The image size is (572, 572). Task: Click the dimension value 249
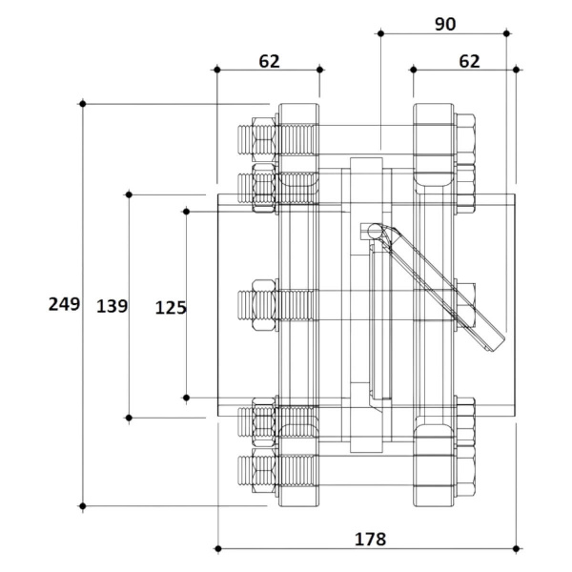[64, 304]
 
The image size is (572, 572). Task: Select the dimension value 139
[112, 306]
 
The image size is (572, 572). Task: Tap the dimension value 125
[171, 308]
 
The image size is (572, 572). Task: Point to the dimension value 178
[370, 540]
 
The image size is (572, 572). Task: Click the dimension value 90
[445, 24]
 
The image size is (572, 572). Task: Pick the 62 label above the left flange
[269, 61]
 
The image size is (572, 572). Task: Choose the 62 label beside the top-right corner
[469, 61]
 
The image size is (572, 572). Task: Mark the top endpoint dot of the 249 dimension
[83, 104]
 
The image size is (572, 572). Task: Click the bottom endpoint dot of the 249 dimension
[83, 506]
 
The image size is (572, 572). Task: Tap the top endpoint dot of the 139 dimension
[129, 194]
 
